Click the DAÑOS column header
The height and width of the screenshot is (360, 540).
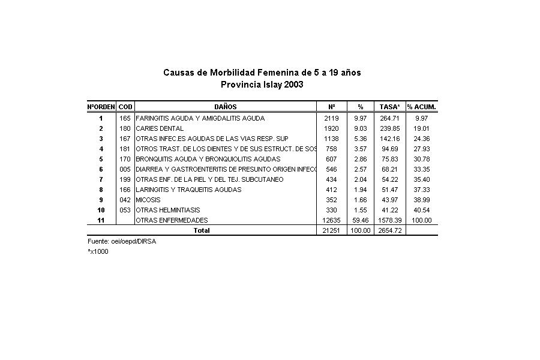pyautogui.click(x=225, y=106)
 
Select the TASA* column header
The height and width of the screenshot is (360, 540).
pyautogui.click(x=390, y=106)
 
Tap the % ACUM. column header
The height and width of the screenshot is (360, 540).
pyautogui.click(x=422, y=106)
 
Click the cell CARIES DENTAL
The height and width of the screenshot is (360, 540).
pyautogui.click(x=160, y=128)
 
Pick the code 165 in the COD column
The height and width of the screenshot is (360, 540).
pyautogui.click(x=125, y=118)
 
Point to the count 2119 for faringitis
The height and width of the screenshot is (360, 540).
pyautogui.click(x=331, y=118)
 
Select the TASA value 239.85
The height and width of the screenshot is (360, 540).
pyautogui.click(x=390, y=128)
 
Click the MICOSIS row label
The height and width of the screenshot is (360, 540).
pyautogui.click(x=148, y=200)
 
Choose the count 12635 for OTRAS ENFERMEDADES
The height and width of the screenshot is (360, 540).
pyautogui.click(x=331, y=220)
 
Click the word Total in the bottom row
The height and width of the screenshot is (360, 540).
pyautogui.click(x=201, y=230)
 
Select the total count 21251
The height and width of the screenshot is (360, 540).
pyautogui.click(x=331, y=230)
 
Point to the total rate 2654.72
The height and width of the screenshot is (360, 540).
pyautogui.click(x=390, y=230)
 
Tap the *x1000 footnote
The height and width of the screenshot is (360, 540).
pyautogui.click(x=98, y=251)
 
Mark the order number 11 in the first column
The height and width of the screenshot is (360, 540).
pyautogui.click(x=101, y=220)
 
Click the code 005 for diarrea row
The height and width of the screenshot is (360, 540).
pyautogui.click(x=125, y=169)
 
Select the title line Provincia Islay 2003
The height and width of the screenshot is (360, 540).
pyautogui.click(x=262, y=85)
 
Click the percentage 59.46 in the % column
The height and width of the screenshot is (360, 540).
pyautogui.click(x=361, y=220)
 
